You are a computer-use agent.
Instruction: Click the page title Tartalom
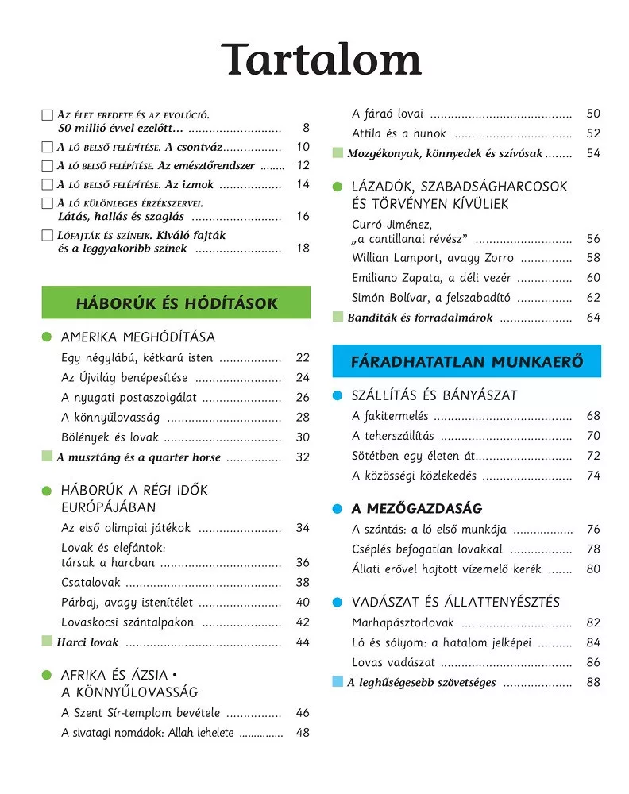coord(321,60)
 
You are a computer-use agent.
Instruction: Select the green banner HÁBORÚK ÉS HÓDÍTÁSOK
coord(176,303)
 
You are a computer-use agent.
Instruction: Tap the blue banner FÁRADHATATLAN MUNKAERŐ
coord(467,362)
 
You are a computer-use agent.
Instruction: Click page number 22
coord(303,358)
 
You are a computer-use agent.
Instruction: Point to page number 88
coord(593,682)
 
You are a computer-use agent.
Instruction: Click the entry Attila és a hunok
coord(399,133)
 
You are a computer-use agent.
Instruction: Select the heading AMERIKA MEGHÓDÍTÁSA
coord(138,337)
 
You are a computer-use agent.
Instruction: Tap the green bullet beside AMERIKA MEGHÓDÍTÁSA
coord(47,337)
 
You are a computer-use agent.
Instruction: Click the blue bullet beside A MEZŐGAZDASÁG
coord(337,509)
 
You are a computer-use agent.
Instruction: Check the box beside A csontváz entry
coord(47,147)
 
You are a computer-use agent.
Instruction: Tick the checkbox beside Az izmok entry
coord(47,185)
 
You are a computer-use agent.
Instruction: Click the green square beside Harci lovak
coord(47,641)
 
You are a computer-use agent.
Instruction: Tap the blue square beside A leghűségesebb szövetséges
coord(338,682)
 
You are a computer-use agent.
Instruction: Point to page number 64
coord(593,318)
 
